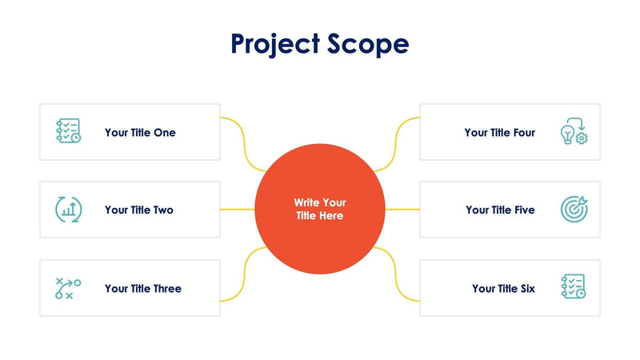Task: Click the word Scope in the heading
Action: point(367,44)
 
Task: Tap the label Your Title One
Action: point(140,133)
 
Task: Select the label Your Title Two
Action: point(139,210)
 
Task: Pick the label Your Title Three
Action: point(143,289)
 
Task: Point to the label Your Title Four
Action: point(500,133)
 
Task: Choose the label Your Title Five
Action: point(501,210)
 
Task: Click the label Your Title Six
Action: point(503,289)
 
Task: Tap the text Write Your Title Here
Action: point(320,210)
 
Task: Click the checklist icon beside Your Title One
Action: point(68,131)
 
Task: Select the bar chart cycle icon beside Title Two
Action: point(68,210)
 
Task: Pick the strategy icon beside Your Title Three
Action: point(68,288)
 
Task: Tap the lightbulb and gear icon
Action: point(574,132)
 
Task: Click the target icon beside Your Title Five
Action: point(574,210)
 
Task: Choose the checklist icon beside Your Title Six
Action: point(574,287)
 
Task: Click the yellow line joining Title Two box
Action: point(238,210)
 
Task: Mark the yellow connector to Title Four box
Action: point(398,144)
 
